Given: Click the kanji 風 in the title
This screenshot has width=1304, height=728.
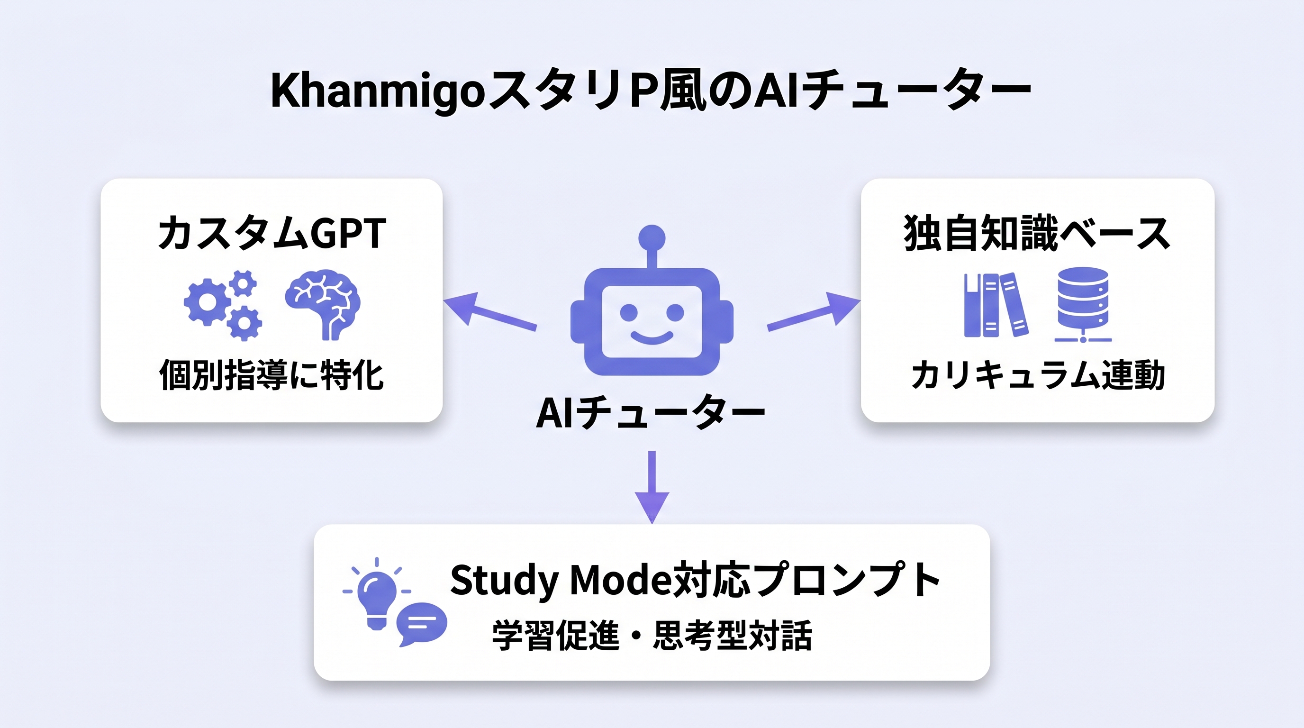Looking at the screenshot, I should (683, 91).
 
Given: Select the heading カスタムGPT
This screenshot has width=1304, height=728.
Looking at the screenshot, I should (272, 233).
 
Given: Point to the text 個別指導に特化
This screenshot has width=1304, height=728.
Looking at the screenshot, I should (272, 375).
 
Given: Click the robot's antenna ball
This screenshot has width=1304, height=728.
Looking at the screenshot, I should (652, 238).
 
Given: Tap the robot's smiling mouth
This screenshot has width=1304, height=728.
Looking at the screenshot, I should (652, 337).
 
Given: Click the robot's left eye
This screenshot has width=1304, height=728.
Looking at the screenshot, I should (629, 312).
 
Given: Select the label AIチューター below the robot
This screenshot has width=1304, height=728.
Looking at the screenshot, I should (651, 413).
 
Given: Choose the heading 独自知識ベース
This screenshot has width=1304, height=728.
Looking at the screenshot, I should (1037, 233).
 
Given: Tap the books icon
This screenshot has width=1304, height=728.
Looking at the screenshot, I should (995, 305).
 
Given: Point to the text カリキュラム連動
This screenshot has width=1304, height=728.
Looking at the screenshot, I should (1038, 375).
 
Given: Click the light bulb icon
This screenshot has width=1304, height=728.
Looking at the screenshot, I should (377, 597).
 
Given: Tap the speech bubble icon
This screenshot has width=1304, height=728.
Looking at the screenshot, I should (421, 623).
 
